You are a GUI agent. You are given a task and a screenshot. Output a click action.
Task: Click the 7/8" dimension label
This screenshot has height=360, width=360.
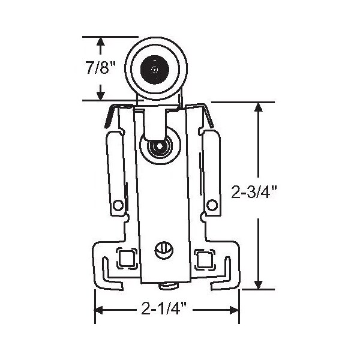click(x=100, y=68)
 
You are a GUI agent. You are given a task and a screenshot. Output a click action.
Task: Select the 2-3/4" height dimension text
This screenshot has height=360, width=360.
click(x=254, y=192)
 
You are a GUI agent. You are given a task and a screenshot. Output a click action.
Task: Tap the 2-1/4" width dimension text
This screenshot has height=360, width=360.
click(x=164, y=308)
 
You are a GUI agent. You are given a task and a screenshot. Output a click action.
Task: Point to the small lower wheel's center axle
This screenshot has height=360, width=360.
click(x=160, y=146)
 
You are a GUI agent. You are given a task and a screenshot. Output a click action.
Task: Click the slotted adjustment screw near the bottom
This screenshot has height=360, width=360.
click(x=164, y=251)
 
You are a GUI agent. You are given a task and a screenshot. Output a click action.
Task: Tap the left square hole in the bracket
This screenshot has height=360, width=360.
click(x=127, y=259)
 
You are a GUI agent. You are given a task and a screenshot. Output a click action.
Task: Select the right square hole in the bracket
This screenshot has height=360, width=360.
click(x=205, y=259)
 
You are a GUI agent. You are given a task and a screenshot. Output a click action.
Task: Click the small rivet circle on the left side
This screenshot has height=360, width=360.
click(x=118, y=205)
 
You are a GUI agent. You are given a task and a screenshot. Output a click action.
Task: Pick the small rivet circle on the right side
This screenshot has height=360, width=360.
click(x=212, y=205)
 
